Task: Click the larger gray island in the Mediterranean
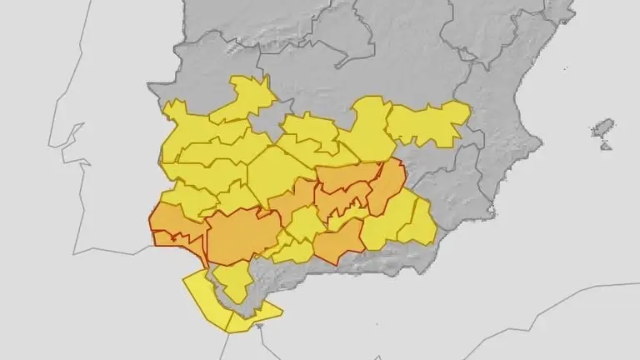602,128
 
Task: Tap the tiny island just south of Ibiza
606,146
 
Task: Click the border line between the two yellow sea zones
227,318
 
